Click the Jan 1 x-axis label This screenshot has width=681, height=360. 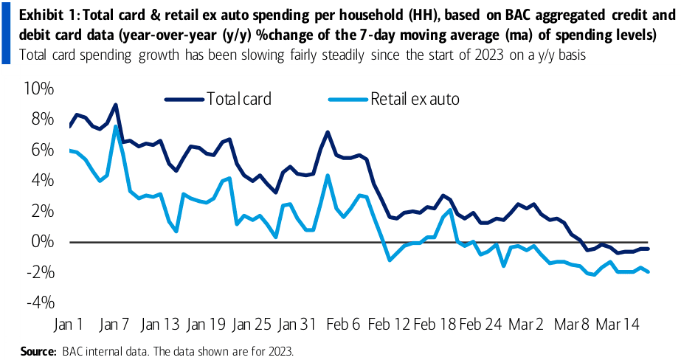[x=68, y=325]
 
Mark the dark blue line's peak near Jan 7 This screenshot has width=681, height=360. [x=116, y=105]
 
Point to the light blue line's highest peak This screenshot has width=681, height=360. [x=116, y=127]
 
